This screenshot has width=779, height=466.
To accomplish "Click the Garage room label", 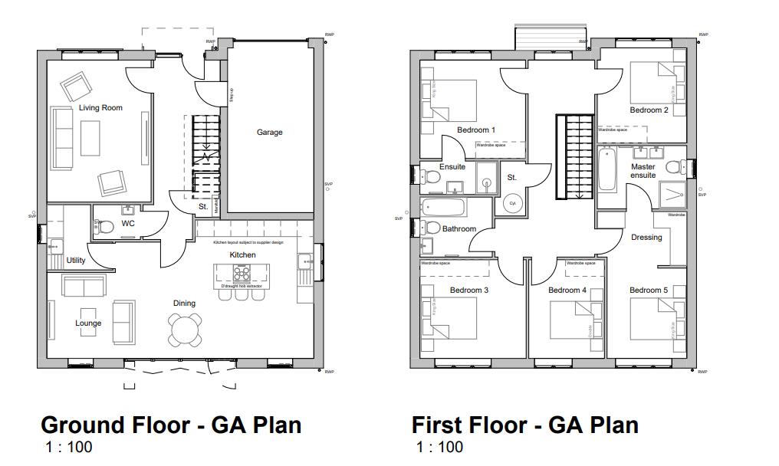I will coord(269,133).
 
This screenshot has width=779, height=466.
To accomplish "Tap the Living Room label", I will coord(100,108).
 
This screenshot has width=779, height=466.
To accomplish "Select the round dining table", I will coord(185,330).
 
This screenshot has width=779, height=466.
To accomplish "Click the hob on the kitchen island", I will coord(242,273).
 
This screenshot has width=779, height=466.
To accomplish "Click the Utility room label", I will coord(76,261).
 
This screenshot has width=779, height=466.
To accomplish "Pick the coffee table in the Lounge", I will coord(88,317).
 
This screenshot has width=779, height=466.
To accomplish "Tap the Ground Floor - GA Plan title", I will coord(171,425).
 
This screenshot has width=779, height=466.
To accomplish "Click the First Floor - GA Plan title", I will coord(524,425).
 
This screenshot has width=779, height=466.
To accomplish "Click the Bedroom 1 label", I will coord(475,130).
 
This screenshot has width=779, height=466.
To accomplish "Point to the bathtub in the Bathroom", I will coord(444,207).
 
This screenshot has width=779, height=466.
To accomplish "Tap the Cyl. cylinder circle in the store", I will coord(512,204).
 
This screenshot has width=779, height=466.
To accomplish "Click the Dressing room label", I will coord(646,238).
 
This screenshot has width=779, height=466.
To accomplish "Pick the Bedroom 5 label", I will coord(649,290).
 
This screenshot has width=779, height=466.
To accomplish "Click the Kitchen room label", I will coord(242,255).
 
